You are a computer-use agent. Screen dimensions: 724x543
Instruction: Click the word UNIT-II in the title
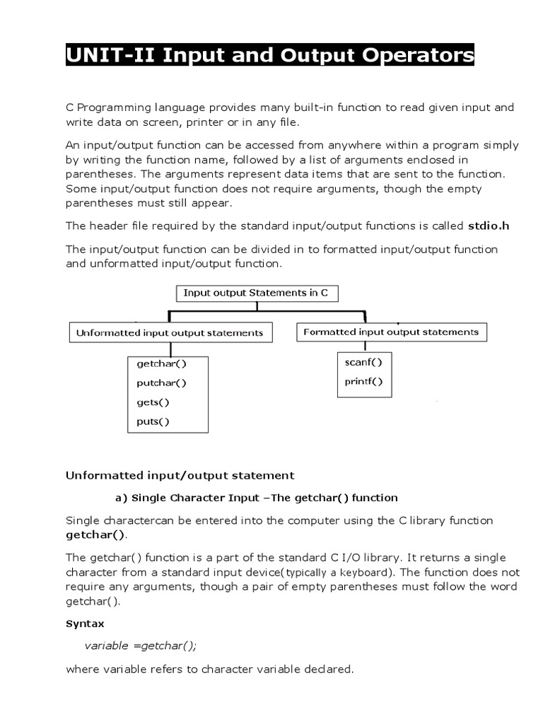pyautogui.click(x=111, y=55)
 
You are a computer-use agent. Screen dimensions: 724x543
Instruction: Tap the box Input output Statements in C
pyautogui.click(x=255, y=293)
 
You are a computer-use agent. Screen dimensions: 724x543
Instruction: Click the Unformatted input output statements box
pyautogui.click(x=170, y=332)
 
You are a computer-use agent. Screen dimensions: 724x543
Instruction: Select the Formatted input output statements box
pyautogui.click(x=391, y=332)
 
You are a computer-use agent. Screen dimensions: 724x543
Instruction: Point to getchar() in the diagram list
pyautogui.click(x=161, y=364)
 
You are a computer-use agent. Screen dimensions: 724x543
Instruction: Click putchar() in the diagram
pyautogui.click(x=161, y=383)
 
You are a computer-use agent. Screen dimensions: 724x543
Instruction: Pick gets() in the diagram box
pyautogui.click(x=153, y=402)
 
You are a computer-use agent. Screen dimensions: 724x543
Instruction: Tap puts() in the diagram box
pyautogui.click(x=153, y=422)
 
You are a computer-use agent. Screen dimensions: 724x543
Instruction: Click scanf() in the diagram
pyautogui.click(x=363, y=363)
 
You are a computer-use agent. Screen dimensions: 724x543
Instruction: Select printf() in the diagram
pyautogui.click(x=363, y=382)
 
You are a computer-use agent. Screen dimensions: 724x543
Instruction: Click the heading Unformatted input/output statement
pyautogui.click(x=180, y=475)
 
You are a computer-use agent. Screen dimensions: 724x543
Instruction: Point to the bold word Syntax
pyautogui.click(x=85, y=624)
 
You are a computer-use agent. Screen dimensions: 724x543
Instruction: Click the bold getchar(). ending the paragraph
pyautogui.click(x=95, y=535)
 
